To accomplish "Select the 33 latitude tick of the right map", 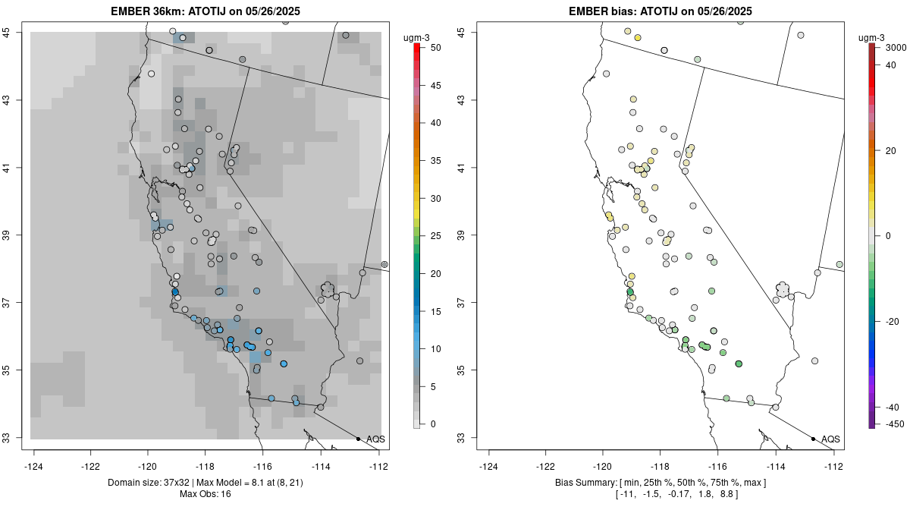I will point(466,438).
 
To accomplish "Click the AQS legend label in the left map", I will point(376,439).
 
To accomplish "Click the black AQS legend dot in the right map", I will point(813,439).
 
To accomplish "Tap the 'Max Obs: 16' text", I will point(205,494).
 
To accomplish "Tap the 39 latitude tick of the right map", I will point(466,235).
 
